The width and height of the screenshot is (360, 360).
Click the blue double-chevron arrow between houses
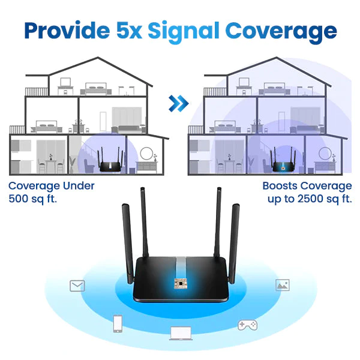click(x=179, y=104)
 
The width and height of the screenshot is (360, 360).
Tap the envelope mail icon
click(x=77, y=286)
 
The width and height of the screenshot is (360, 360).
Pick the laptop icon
click(x=179, y=332)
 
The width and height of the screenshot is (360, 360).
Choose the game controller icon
click(x=247, y=325)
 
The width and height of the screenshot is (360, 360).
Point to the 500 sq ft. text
click(x=33, y=199)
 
